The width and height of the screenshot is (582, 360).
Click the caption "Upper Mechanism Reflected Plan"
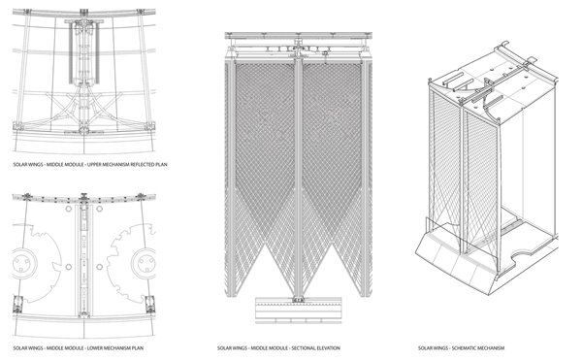click(127, 164)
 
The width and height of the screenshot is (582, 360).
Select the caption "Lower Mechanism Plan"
click(115, 348)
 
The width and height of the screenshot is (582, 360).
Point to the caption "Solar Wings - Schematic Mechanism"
click(461, 348)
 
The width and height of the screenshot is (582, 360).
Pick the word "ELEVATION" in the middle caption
click(328, 348)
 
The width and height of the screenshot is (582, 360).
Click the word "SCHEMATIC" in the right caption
click(463, 348)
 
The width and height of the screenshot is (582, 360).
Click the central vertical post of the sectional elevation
click(299, 179)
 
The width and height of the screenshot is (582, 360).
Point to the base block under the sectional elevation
click(299, 311)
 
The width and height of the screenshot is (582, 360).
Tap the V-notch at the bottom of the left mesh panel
click(265, 245)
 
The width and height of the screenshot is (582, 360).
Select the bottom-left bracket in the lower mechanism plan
click(17, 305)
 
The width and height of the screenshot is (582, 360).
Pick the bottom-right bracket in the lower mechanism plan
click(150, 305)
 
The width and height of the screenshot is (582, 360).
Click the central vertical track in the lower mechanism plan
click(83, 260)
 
